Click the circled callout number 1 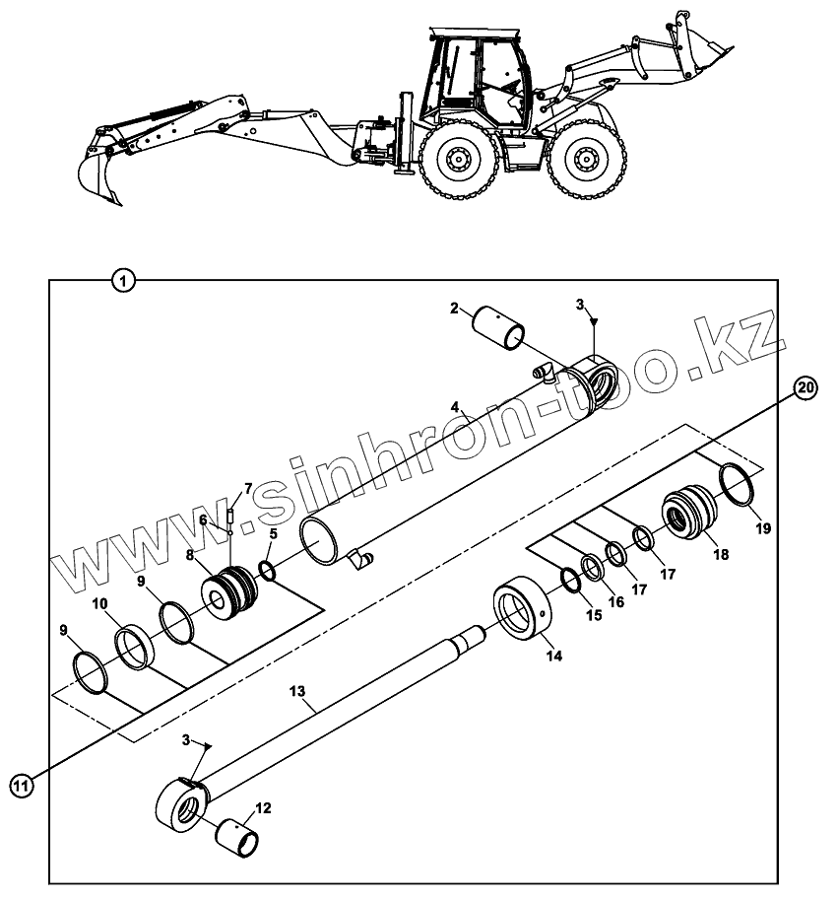[122, 280]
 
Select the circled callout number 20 [805, 387]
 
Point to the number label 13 [298, 693]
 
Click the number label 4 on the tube [455, 406]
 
